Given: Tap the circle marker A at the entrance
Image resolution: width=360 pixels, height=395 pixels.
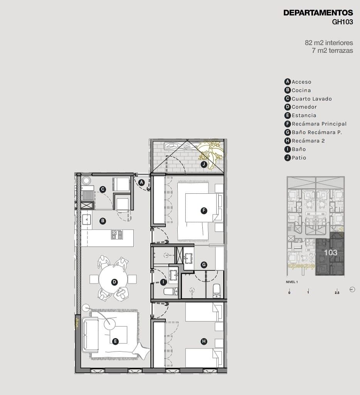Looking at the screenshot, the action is click(x=141, y=182).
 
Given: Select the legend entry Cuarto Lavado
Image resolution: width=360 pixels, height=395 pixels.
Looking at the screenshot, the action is click(x=308, y=99).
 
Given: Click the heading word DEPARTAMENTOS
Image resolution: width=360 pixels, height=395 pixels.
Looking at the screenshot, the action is click(x=318, y=13).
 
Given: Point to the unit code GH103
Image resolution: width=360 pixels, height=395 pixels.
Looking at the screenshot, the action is click(x=342, y=22).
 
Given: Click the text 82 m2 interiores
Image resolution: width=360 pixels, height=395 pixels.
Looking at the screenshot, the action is click(x=329, y=43).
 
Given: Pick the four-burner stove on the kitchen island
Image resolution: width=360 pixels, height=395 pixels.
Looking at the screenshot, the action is click(x=117, y=234).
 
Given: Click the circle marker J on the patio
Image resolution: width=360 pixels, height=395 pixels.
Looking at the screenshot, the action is click(x=204, y=164).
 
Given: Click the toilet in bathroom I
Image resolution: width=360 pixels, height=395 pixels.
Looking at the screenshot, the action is click(x=171, y=291).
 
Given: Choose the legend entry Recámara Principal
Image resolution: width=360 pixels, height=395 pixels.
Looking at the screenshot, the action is click(x=315, y=124).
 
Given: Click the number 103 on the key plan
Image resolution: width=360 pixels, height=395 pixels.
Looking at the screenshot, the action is click(x=330, y=253).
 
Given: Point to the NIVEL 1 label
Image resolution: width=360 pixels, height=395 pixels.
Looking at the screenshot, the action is click(x=292, y=282).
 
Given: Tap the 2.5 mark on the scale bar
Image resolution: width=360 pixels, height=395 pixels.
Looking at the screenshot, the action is click(x=337, y=293).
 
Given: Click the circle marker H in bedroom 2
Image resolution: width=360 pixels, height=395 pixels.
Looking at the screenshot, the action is click(x=204, y=341).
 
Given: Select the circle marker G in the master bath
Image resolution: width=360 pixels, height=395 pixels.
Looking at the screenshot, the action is click(x=204, y=265).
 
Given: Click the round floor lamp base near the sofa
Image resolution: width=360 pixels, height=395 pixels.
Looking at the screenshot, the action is click(x=86, y=308).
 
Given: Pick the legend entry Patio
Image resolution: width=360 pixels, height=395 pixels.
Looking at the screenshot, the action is click(x=295, y=158).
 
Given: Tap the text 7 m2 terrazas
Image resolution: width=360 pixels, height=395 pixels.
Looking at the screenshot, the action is click(x=332, y=50).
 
